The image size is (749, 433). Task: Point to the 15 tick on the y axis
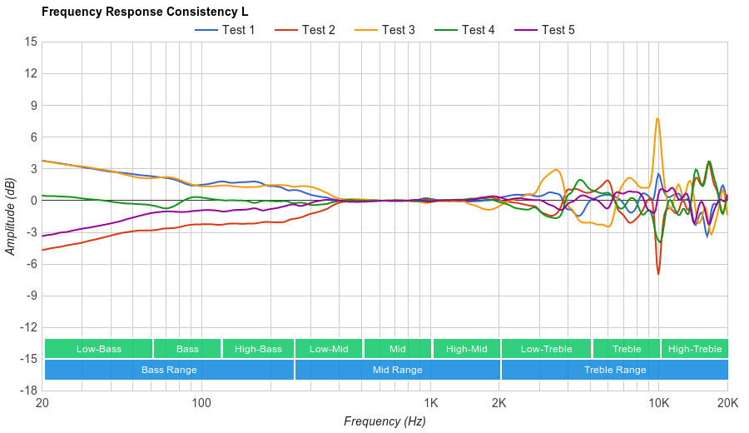coord(31,42)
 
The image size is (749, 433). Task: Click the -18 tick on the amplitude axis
coord(28,391)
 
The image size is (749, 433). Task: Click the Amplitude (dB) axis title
coord(11,216)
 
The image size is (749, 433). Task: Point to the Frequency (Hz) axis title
coord(384,421)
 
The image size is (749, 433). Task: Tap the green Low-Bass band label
coord(98,349)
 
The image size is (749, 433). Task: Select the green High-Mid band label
coord(466,349)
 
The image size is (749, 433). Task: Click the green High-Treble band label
coord(695,349)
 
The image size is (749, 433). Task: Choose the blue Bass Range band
coord(169,370)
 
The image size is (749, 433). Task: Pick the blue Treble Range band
coord(614,370)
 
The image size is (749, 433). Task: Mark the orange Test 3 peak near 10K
coord(657,118)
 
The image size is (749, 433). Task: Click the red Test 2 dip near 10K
coord(658,274)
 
